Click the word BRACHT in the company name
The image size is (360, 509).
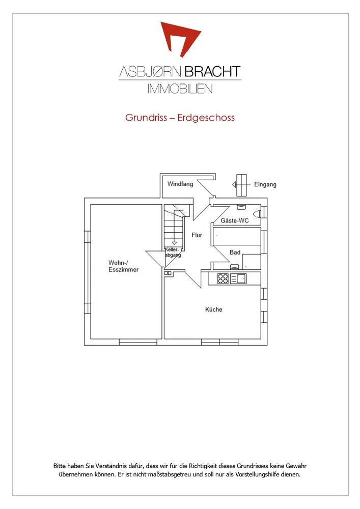[x=213, y=72]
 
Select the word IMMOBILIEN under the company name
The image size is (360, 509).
[x=180, y=89]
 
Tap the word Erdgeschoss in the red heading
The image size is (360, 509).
[x=206, y=118]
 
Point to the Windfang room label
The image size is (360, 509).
[x=180, y=184]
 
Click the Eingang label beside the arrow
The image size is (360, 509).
[x=265, y=184]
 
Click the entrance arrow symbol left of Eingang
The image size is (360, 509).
[x=240, y=184]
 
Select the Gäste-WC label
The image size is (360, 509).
[x=234, y=221]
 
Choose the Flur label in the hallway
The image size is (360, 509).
[x=197, y=235]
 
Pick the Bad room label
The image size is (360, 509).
[x=235, y=252]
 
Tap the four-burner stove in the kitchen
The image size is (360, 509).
[x=223, y=278]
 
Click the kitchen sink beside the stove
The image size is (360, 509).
[x=238, y=278]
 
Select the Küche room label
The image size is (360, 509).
[x=213, y=309]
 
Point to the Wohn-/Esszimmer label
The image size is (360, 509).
[x=123, y=266]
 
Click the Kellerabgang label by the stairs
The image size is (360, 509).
[x=173, y=252]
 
